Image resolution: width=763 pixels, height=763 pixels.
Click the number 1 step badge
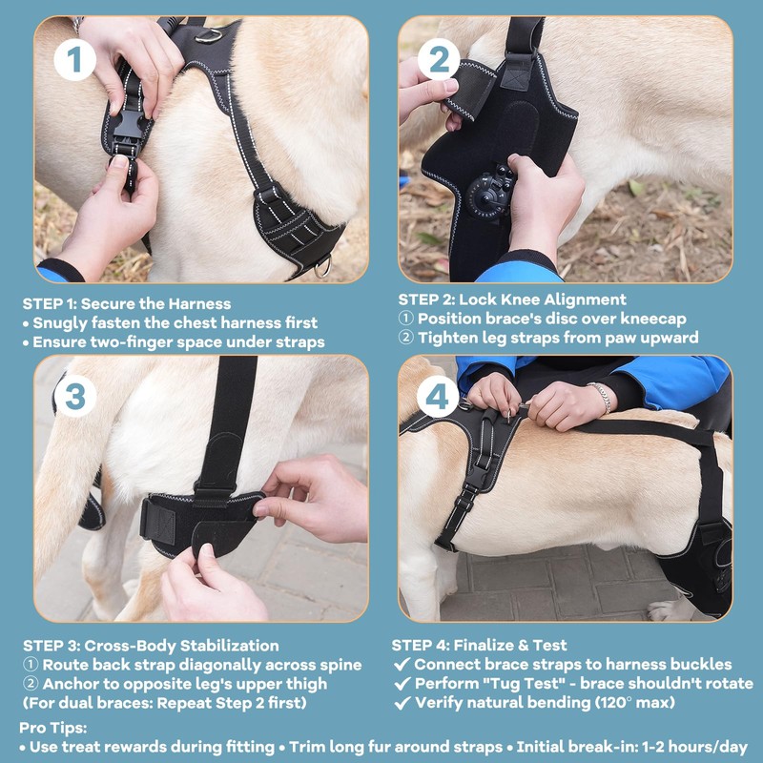[x=74, y=60]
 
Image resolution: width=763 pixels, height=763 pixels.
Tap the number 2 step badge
[x=439, y=60]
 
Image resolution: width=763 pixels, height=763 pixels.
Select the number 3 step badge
[x=74, y=397]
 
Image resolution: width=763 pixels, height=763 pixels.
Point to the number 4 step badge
[x=438, y=397]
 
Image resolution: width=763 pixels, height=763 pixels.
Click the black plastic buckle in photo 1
[x=128, y=133]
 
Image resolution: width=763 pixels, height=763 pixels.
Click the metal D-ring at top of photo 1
[x=209, y=35]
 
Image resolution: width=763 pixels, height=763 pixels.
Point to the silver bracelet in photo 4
[x=601, y=397]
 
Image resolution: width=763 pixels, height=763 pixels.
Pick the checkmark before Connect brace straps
[x=402, y=664]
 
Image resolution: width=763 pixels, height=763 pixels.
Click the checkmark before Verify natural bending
[x=402, y=703]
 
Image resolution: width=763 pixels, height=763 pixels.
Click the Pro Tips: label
[x=53, y=728]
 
